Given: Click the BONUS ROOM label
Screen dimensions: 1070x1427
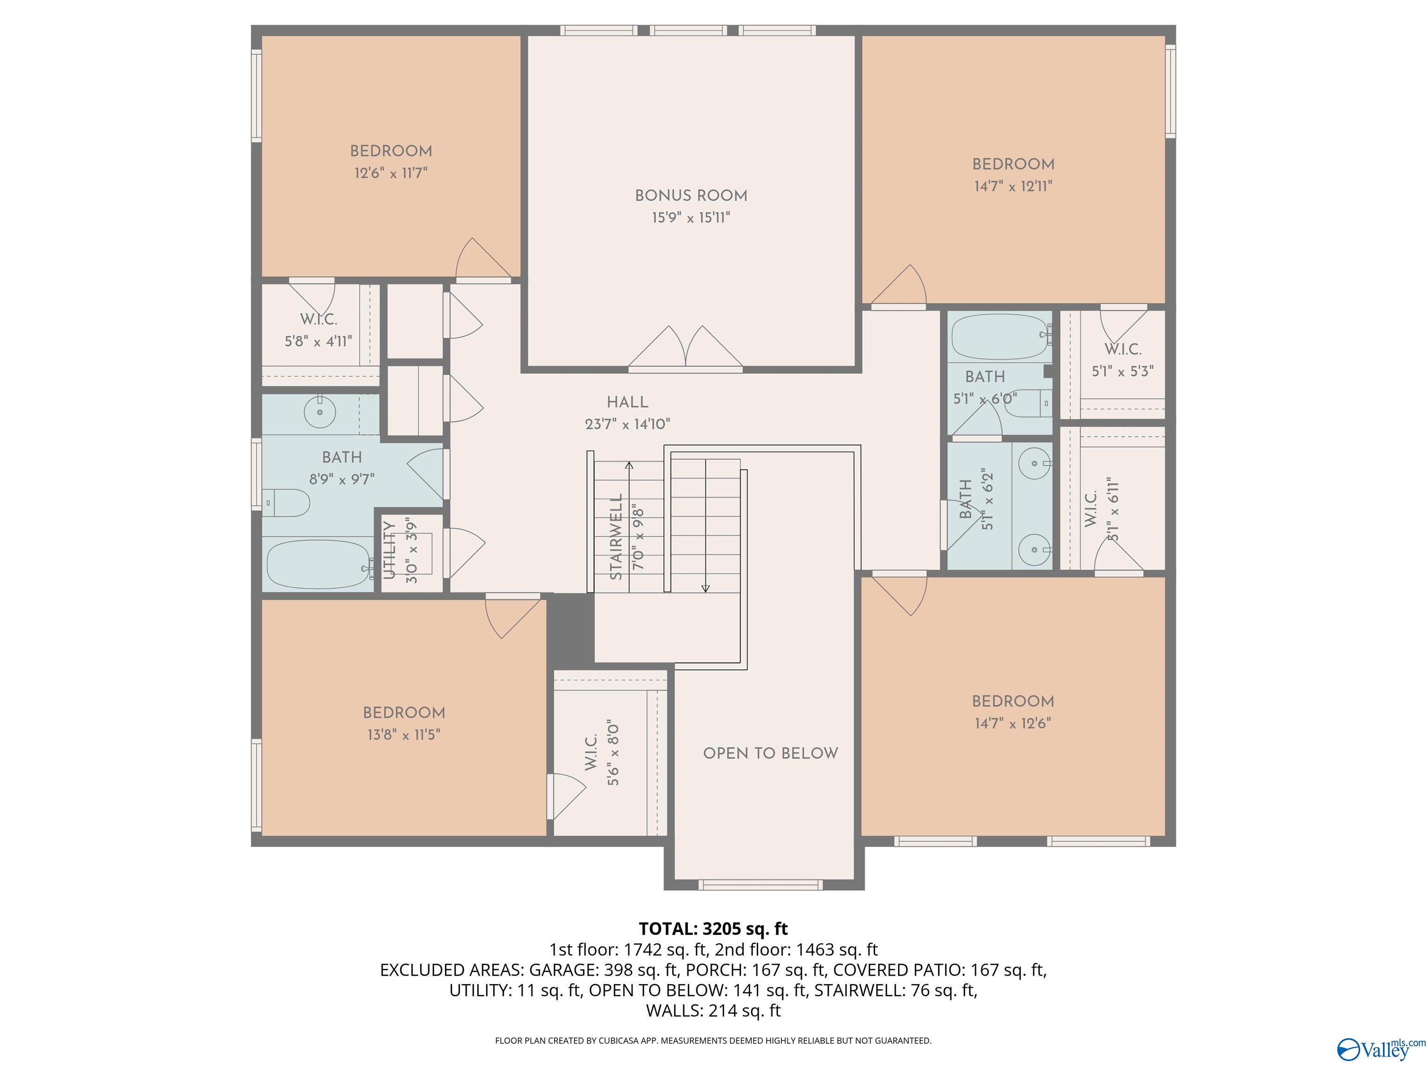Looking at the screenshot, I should click(691, 196).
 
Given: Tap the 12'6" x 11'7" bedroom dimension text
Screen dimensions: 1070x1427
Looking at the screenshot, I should click(391, 173).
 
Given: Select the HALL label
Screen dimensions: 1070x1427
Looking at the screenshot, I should click(627, 402).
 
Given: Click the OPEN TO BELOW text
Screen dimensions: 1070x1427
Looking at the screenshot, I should click(770, 753).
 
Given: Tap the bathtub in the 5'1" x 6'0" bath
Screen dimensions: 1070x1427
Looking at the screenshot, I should click(999, 336).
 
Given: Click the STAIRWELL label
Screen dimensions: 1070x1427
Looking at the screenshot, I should click(616, 536).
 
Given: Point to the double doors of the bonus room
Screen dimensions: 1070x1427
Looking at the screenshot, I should click(685, 348).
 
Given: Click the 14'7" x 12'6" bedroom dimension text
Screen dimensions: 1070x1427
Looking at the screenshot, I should click(1013, 723).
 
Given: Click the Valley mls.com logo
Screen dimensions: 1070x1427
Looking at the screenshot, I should click(1381, 1050).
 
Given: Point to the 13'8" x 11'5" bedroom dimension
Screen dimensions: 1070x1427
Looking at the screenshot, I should click(404, 735).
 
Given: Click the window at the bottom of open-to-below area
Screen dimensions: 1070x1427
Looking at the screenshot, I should click(760, 885).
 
